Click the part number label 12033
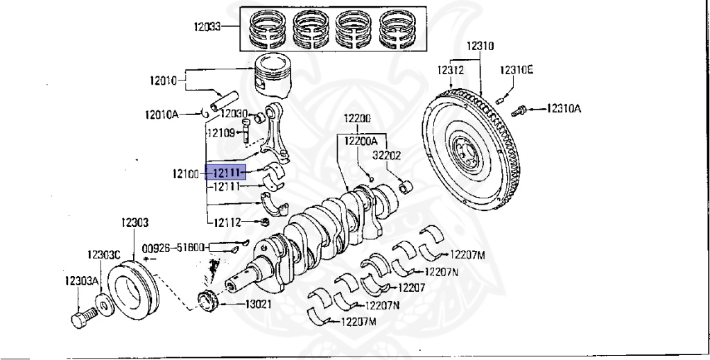click(207, 28)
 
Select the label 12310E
click(517, 70)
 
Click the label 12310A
click(564, 108)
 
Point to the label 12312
click(450, 70)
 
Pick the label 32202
click(387, 156)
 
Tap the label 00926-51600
click(173, 248)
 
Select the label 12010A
click(162, 114)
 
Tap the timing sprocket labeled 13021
click(208, 303)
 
